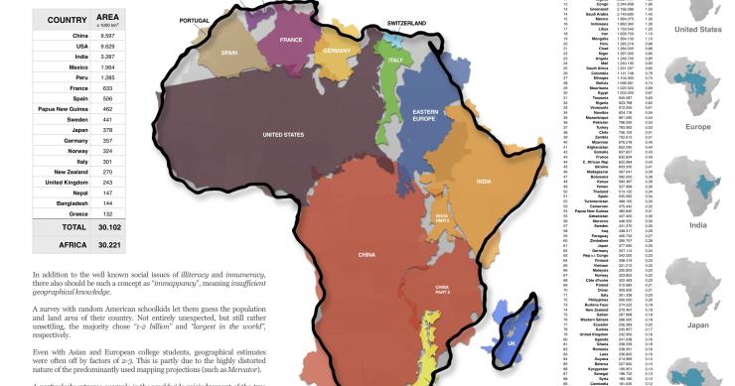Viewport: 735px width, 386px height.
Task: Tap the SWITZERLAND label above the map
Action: click(x=386, y=20)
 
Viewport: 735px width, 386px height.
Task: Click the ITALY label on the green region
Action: click(x=393, y=61)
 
